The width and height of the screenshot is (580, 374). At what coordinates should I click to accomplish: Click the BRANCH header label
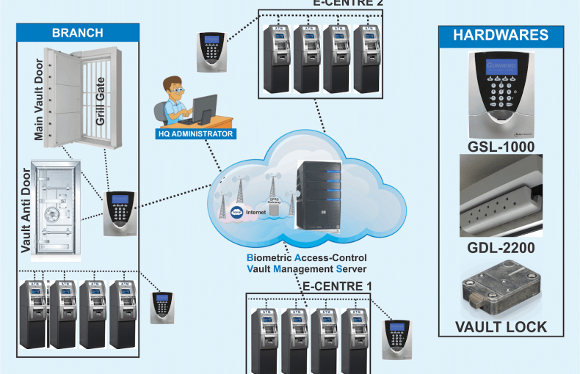tap(77, 33)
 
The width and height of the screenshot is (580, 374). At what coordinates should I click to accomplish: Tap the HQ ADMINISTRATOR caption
tap(196, 133)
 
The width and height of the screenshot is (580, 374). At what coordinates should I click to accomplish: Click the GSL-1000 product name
tap(500, 147)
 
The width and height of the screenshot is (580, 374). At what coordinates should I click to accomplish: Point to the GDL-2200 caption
tap(500, 249)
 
